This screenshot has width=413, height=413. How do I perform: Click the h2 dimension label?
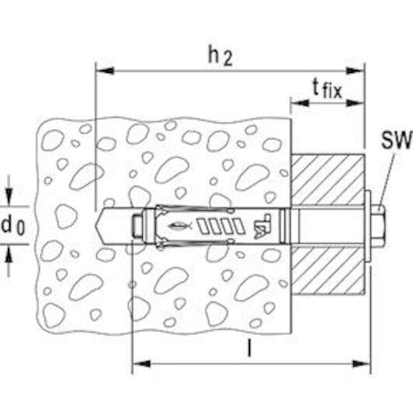(x=220, y=56)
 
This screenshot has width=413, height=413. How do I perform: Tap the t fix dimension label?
(x=328, y=89)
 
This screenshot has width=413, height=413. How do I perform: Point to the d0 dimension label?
(x=13, y=225)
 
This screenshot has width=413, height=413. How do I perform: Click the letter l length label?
(x=249, y=348)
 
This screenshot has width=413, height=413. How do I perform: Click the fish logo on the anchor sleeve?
(x=180, y=225)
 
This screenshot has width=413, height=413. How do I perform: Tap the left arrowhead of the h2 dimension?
(x=105, y=71)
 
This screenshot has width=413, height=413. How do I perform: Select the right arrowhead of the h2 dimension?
(x=356, y=71)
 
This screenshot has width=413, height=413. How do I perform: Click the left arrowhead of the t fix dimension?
(x=300, y=102)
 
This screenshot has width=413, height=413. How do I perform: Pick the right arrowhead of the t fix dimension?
(x=356, y=102)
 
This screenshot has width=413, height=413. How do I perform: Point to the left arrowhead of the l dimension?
(x=141, y=364)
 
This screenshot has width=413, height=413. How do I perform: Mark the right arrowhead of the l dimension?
(x=361, y=364)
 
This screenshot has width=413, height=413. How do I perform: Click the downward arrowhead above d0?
(x=9, y=197)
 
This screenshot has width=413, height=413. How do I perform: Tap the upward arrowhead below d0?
(x=9, y=254)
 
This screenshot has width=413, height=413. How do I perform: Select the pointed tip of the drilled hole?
(x=96, y=225)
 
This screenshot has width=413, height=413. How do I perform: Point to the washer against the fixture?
(x=368, y=226)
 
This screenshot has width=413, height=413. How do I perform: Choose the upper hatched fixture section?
(x=328, y=179)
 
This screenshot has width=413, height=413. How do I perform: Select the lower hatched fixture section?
(x=328, y=270)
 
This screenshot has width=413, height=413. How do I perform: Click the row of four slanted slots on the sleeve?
(x=221, y=226)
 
